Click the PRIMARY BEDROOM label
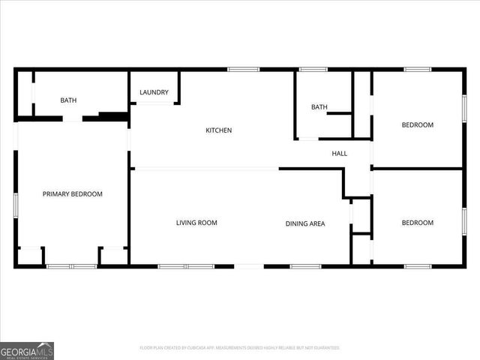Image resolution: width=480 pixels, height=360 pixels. [72, 194]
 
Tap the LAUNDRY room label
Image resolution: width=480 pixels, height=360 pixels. [154, 93]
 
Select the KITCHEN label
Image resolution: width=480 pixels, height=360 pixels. [219, 130]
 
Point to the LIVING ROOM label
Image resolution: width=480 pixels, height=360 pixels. [196, 223]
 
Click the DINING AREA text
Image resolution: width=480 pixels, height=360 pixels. [305, 223]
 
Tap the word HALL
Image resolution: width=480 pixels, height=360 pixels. [340, 154]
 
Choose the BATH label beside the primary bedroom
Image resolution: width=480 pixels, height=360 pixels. [68, 100]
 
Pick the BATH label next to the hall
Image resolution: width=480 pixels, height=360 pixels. [319, 107]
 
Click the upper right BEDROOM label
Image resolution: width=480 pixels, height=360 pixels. [418, 125]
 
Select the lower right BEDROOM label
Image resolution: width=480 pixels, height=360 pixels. [418, 223]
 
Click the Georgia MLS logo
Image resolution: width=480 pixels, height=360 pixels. [27, 350]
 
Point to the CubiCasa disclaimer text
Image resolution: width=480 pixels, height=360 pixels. [240, 348]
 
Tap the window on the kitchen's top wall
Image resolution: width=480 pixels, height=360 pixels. [244, 70]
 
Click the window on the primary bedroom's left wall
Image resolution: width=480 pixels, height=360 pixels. [15, 205]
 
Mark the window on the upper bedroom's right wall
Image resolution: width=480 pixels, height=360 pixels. [464, 107]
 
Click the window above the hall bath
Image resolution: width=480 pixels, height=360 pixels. [313, 70]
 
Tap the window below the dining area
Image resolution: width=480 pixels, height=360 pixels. [305, 266]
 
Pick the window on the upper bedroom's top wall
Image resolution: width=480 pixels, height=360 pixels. [417, 70]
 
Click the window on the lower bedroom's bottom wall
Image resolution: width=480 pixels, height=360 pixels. [417, 266]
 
